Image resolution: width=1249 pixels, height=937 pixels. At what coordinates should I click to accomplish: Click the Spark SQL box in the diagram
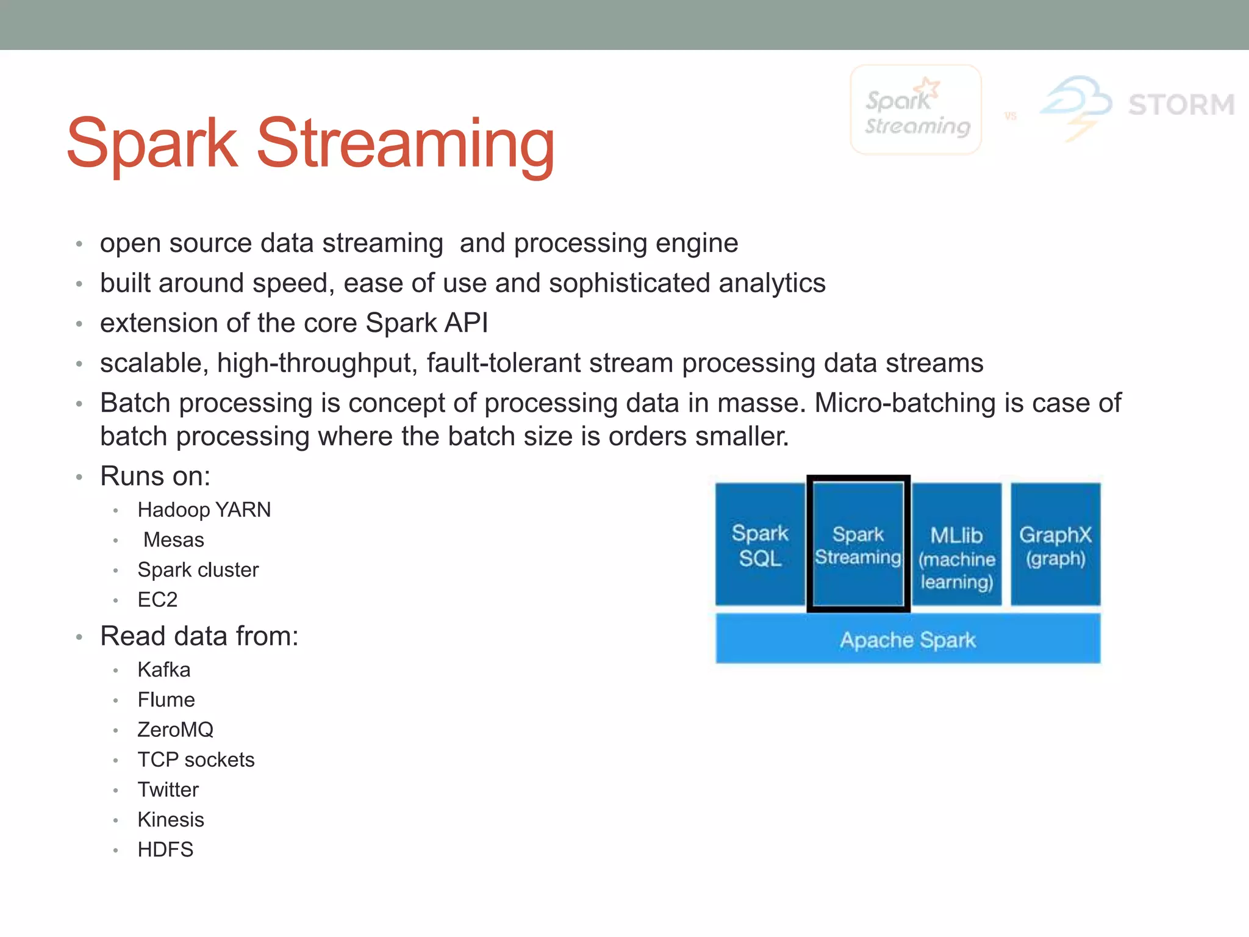click(x=759, y=544)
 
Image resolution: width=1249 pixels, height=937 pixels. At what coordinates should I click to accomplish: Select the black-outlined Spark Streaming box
click(x=858, y=544)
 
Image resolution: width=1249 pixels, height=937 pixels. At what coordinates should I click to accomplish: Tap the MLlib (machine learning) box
click(x=957, y=544)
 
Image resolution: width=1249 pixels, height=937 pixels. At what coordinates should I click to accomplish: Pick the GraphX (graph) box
click(x=1056, y=544)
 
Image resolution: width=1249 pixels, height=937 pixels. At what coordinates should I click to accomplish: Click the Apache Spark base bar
click(x=907, y=639)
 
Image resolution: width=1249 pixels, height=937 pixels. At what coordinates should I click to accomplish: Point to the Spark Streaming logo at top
click(x=915, y=110)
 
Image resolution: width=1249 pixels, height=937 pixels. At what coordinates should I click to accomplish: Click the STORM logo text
click(x=1181, y=105)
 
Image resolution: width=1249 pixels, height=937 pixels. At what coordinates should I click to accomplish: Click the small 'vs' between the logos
click(x=1011, y=116)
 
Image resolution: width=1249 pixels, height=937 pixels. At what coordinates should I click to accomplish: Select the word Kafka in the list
click(x=164, y=670)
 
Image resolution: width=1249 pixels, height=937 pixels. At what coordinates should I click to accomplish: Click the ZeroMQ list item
click(x=176, y=730)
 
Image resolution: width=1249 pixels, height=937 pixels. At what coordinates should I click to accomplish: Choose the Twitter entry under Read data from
click(x=168, y=789)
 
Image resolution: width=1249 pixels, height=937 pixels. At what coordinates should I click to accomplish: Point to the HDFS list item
click(x=165, y=849)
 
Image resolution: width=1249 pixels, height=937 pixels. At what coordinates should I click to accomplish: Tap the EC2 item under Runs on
click(x=157, y=600)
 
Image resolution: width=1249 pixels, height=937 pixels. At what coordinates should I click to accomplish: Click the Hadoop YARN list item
click(x=204, y=510)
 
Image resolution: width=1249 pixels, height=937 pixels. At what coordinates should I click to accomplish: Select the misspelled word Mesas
click(x=174, y=540)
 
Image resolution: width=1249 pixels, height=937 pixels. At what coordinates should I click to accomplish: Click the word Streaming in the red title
click(x=406, y=144)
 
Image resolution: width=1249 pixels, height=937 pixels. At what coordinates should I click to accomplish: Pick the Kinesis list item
click(x=171, y=819)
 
